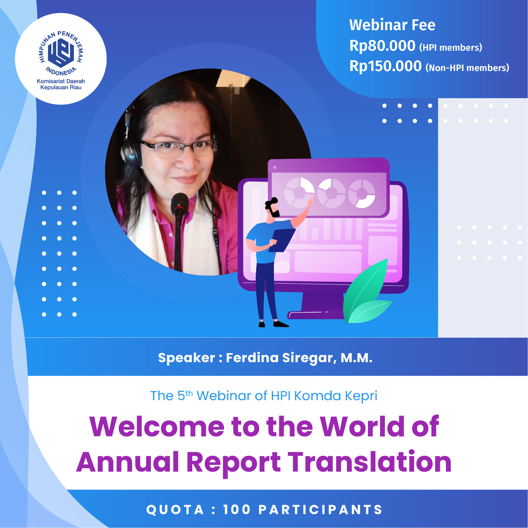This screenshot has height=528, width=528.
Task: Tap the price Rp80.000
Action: click(382, 45)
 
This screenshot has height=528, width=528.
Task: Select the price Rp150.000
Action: click(385, 66)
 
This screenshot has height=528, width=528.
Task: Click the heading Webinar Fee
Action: click(392, 25)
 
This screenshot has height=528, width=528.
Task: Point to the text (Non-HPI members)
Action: click(467, 68)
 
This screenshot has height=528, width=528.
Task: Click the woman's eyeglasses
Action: click(178, 148)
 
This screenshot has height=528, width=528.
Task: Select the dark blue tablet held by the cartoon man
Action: click(282, 240)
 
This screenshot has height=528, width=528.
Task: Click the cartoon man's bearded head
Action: click(273, 207)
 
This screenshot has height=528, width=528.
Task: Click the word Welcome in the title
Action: click(157, 427)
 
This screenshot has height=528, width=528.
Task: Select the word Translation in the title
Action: click(369, 462)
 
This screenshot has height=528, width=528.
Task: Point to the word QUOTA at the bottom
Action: click(175, 509)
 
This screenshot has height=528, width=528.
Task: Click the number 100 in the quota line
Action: click(237, 509)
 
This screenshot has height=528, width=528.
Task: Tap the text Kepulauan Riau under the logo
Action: click(61, 87)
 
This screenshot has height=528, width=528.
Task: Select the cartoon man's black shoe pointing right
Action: click(281, 324)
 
